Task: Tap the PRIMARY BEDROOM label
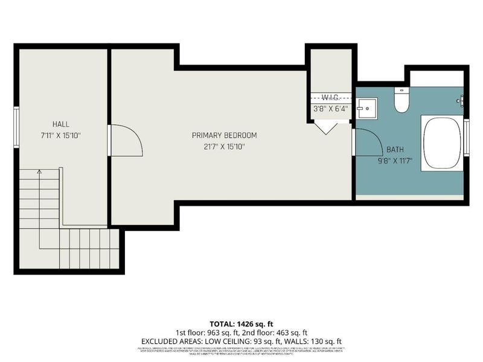click(x=224, y=135)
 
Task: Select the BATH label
click(x=395, y=149)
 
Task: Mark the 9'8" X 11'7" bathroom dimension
click(x=395, y=160)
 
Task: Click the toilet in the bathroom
click(x=401, y=101)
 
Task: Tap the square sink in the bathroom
click(x=366, y=109)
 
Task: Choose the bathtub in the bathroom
click(x=443, y=144)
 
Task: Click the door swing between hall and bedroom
click(x=126, y=141)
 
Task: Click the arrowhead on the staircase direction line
click(x=39, y=172)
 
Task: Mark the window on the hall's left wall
click(x=16, y=126)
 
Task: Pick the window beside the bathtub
click(x=466, y=138)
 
